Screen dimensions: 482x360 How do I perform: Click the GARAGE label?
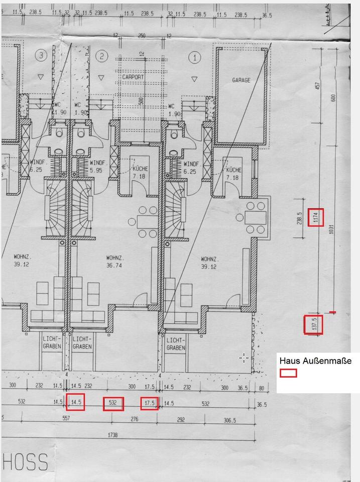[241, 80]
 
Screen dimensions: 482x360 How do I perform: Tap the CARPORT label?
[133, 77]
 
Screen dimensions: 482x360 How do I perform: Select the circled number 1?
[194, 57]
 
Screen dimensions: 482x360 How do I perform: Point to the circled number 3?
[41, 56]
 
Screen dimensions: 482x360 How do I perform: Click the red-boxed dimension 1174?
[315, 217]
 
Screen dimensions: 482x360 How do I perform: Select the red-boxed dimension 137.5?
[314, 325]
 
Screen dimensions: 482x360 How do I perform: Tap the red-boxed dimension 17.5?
[150, 403]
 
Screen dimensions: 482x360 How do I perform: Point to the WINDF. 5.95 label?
[97, 167]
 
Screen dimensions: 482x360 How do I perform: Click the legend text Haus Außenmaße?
[315, 360]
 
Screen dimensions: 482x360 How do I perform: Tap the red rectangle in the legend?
[288, 373]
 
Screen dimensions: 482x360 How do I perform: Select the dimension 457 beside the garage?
[317, 86]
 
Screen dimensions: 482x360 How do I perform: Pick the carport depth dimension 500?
[141, 101]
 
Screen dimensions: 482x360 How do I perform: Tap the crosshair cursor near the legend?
[244, 358]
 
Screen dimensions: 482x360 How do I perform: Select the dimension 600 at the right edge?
[334, 97]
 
